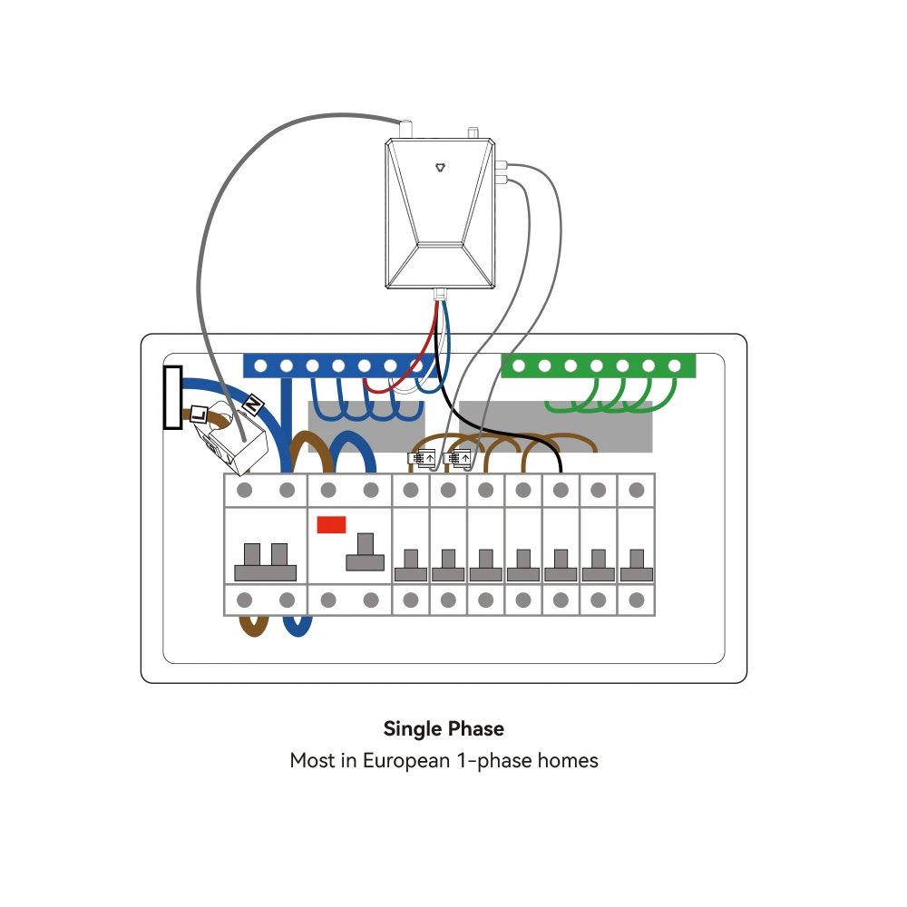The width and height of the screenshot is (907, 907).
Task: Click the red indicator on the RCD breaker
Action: [x=331, y=524]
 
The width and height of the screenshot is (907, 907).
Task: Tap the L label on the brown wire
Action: [x=199, y=414]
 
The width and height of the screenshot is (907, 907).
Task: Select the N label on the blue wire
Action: [x=253, y=405]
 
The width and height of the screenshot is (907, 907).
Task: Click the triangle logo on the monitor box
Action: [x=440, y=168]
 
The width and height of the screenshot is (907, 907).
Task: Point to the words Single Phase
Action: [x=444, y=729]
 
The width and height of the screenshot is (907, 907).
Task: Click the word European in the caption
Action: [x=406, y=761]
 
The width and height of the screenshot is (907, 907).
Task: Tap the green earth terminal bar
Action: [x=598, y=366]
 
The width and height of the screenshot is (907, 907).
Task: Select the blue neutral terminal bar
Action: [x=339, y=366]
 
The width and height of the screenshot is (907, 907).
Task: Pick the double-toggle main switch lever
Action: [x=266, y=562]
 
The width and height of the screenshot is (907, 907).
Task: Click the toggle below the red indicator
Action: [x=365, y=552]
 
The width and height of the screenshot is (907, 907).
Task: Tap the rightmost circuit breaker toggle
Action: [x=637, y=566]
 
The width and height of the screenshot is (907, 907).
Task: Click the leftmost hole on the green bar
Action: [x=519, y=366]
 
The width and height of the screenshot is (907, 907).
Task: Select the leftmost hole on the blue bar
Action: [x=260, y=366]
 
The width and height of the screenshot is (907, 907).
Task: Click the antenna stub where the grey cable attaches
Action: [x=406, y=129]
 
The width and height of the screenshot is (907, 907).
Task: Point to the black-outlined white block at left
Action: [x=173, y=397]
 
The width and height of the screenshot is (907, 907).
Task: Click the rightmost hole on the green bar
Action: [x=675, y=366]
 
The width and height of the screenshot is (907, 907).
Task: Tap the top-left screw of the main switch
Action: [x=245, y=491]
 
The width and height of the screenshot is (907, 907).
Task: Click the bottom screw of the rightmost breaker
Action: [x=637, y=600]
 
